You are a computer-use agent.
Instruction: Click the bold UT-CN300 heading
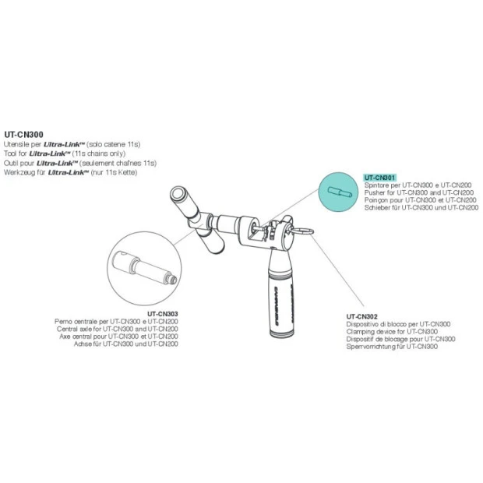click(23, 135)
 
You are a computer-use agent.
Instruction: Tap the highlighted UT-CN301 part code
click(380, 178)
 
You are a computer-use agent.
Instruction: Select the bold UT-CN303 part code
click(163, 314)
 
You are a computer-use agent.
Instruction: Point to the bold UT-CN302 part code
click(361, 316)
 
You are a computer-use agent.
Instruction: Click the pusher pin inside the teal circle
click(338, 192)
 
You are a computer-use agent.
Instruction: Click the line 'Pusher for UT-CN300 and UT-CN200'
click(419, 193)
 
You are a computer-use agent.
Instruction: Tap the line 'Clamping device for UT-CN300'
click(392, 332)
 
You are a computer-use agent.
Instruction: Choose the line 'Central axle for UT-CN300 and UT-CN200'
click(118, 330)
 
